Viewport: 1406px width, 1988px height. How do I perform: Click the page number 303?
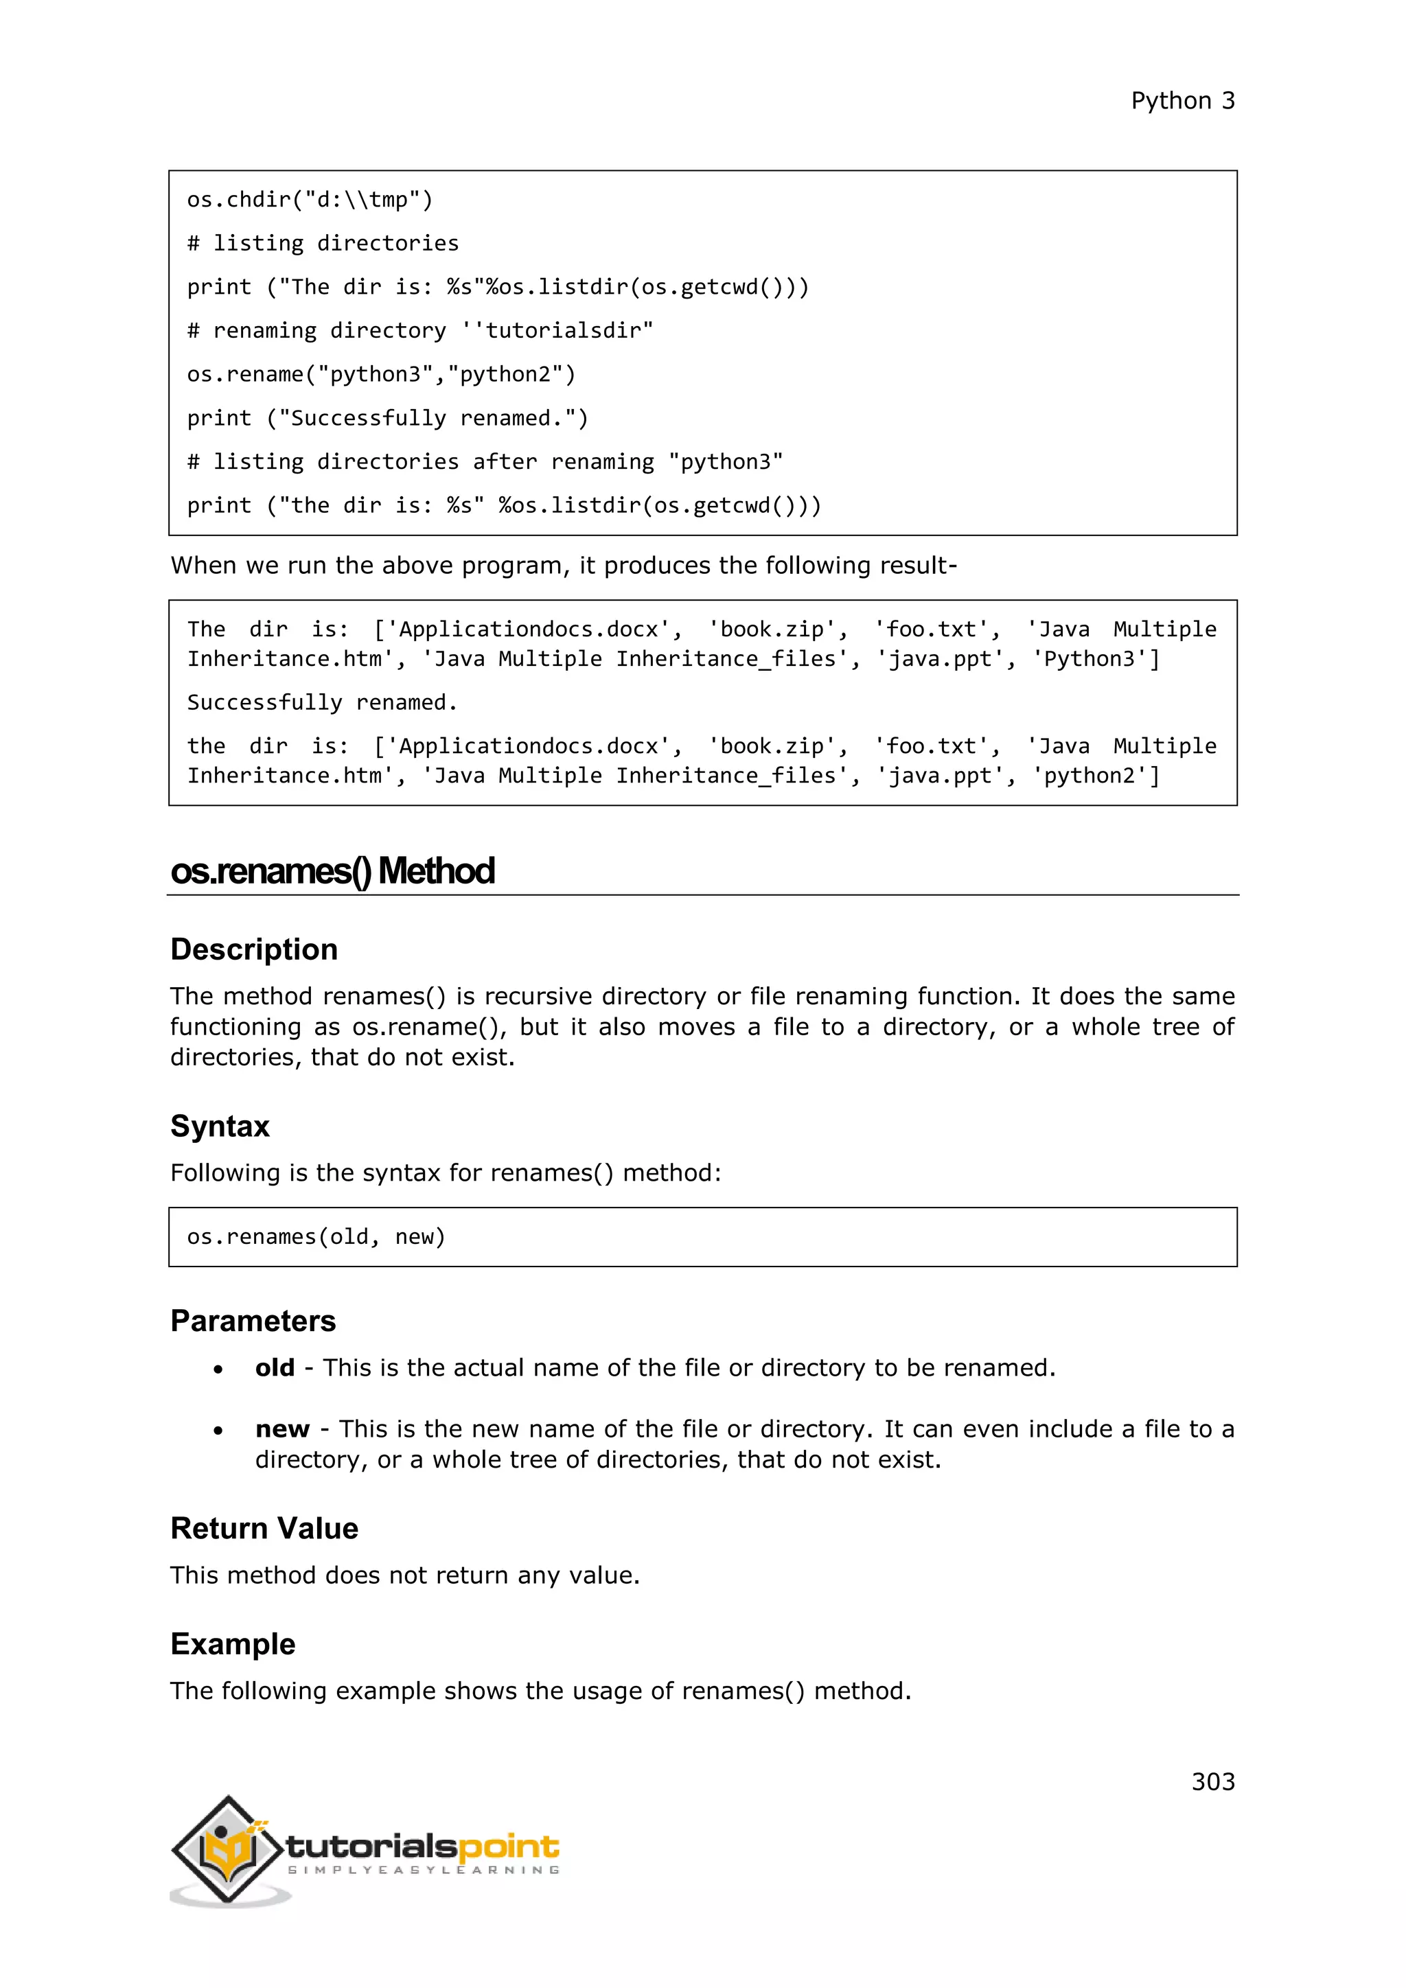(x=1212, y=1781)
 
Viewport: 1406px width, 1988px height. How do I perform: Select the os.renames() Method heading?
(x=332, y=871)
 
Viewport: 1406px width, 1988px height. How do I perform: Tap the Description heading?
(x=253, y=950)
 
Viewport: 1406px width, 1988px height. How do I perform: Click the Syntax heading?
(x=220, y=1126)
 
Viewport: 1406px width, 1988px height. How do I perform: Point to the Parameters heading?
(x=253, y=1321)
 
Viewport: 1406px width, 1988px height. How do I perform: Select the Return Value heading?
(x=264, y=1528)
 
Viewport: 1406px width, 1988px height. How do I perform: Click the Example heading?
(x=233, y=1644)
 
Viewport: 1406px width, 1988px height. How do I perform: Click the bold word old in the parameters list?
(x=275, y=1368)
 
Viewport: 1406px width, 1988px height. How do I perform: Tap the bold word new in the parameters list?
(x=282, y=1429)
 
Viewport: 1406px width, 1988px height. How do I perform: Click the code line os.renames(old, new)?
(x=316, y=1236)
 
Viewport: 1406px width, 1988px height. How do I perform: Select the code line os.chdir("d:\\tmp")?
(x=310, y=200)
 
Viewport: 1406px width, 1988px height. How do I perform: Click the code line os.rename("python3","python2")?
(x=381, y=374)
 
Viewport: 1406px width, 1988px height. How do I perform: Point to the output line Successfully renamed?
(x=322, y=702)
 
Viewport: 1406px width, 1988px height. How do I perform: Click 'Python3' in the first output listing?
(x=1095, y=659)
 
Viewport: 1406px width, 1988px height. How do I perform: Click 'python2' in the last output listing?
(x=1095, y=776)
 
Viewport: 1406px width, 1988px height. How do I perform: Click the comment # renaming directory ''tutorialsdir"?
(x=420, y=331)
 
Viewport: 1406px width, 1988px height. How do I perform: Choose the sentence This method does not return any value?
(x=404, y=1575)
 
